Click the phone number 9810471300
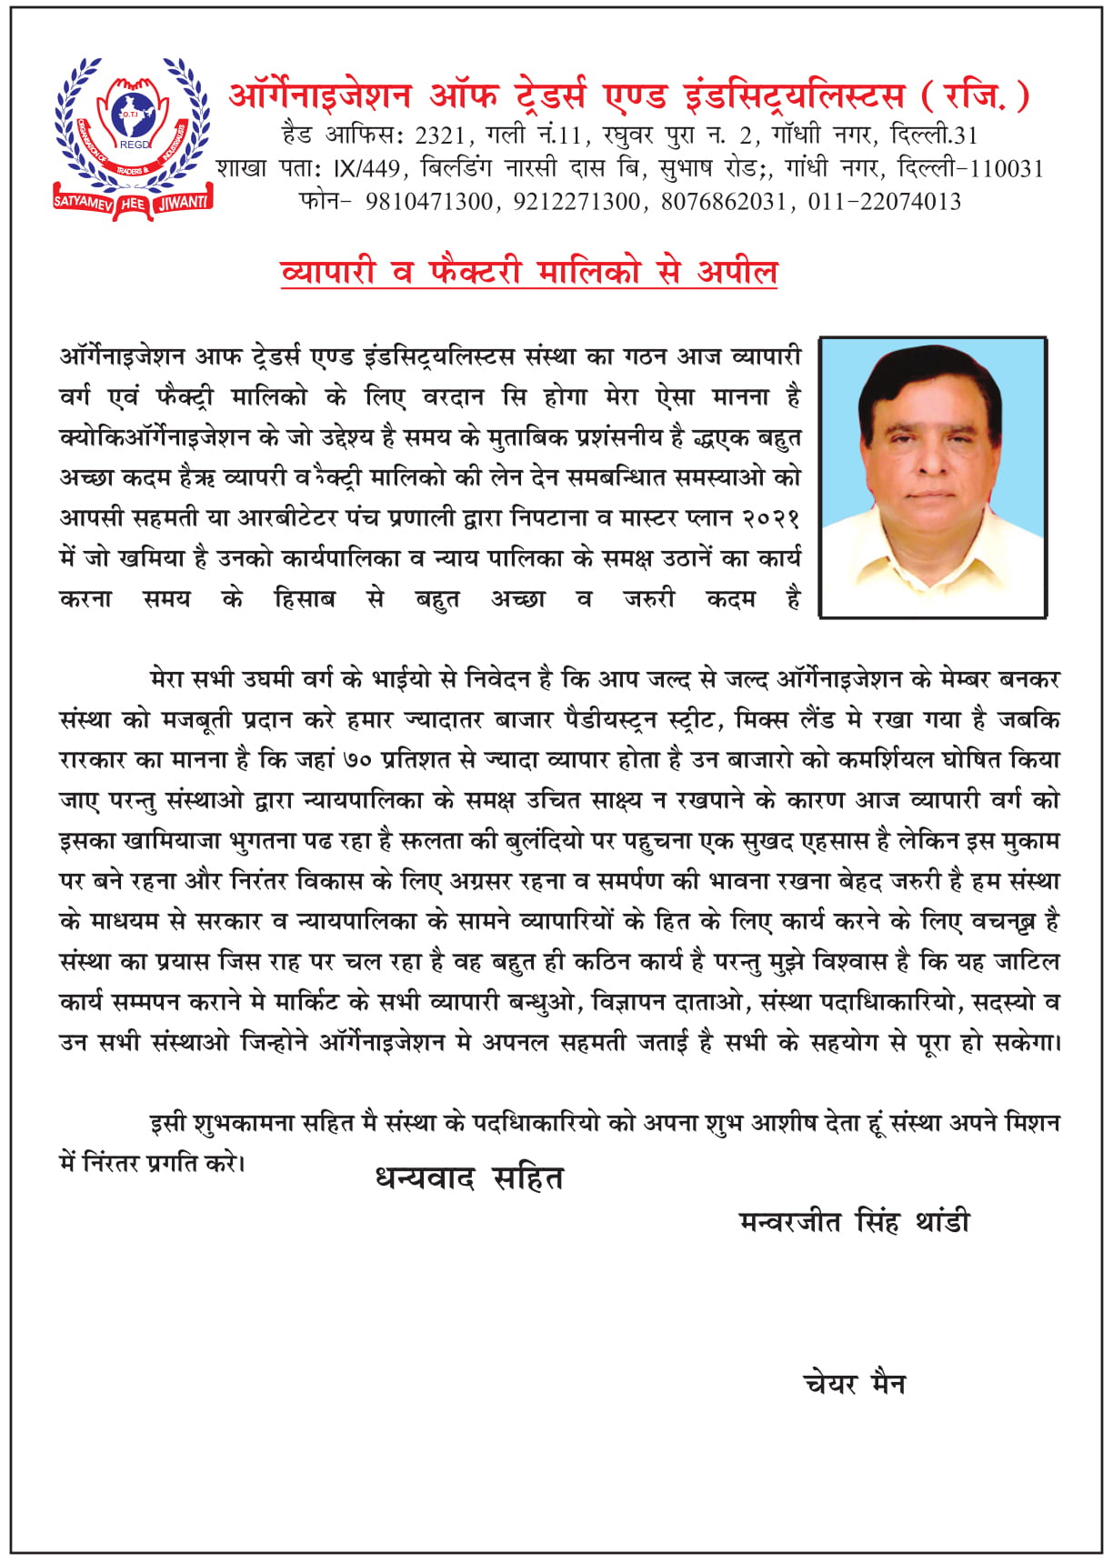429,201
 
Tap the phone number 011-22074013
884,201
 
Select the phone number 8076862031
723,201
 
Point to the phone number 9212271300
577,201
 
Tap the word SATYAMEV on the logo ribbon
83,203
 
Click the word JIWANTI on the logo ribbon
183,203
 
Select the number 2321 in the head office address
440,135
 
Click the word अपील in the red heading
737,271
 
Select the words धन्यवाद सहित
469,1178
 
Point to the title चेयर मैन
854,1383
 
